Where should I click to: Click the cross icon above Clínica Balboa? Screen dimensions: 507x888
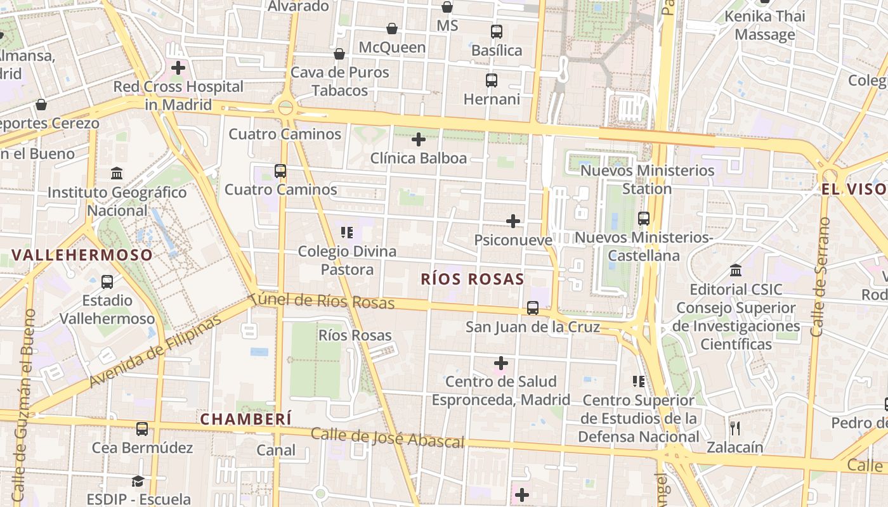tap(419, 139)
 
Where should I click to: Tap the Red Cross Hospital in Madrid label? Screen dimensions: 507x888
tap(178, 95)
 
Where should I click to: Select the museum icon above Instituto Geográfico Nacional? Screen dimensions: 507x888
tap(117, 173)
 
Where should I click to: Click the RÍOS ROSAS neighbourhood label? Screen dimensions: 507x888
tap(473, 279)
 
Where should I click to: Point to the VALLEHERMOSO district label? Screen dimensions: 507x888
tap(82, 255)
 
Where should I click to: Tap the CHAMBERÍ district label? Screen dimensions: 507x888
tap(246, 419)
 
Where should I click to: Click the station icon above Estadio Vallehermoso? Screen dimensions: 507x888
tap(107, 281)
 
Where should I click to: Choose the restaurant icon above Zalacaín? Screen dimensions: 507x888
tap(735, 428)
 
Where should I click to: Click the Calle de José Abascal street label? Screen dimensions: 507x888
tap(388, 438)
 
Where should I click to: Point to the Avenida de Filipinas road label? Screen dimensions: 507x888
tap(155, 350)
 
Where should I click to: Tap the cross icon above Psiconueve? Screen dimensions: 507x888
tap(513, 221)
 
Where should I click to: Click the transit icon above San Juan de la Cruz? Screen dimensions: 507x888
tap(533, 308)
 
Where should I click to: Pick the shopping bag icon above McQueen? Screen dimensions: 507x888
tap(392, 29)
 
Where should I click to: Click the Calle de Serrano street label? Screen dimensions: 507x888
tap(819, 277)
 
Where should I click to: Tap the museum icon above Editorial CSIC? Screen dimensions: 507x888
tap(736, 271)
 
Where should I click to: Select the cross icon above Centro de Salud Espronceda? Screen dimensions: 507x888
tap(501, 363)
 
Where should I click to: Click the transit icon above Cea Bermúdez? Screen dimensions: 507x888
tap(142, 429)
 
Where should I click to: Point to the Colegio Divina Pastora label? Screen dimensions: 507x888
tap(347, 260)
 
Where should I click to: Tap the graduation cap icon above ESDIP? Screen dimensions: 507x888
tap(138, 481)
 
